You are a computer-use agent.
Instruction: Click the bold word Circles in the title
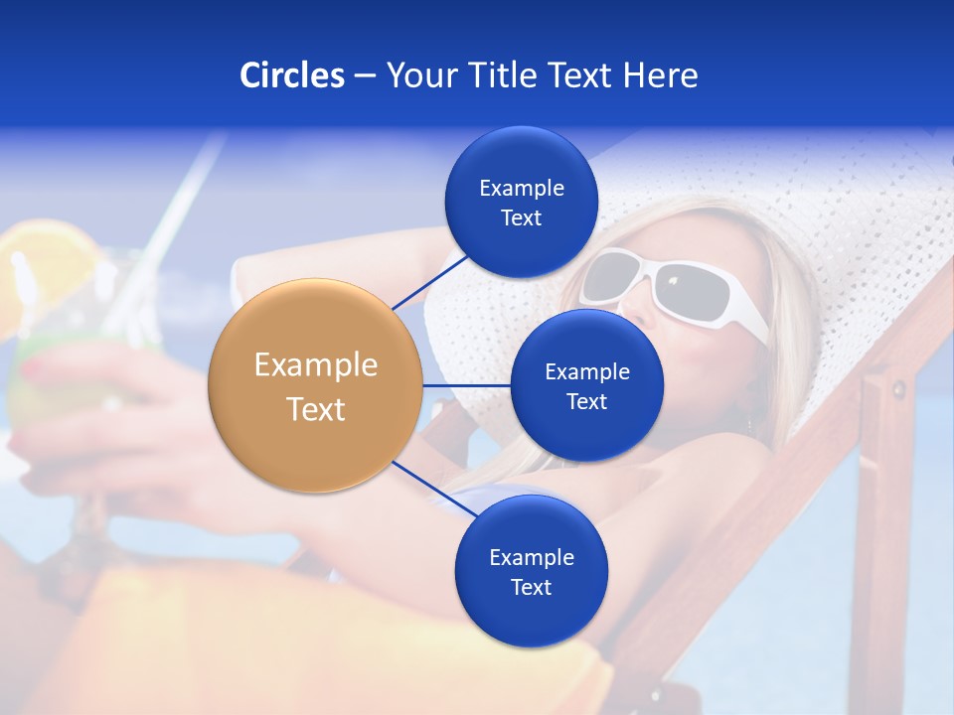click(291, 75)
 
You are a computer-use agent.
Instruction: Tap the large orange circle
click(315, 385)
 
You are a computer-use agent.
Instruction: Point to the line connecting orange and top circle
click(430, 281)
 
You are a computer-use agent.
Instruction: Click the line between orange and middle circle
click(466, 385)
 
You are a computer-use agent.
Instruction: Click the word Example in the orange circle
click(315, 364)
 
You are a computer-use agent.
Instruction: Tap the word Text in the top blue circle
click(521, 218)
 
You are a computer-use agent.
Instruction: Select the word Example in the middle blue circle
click(586, 371)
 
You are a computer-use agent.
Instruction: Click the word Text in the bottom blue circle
click(531, 587)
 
